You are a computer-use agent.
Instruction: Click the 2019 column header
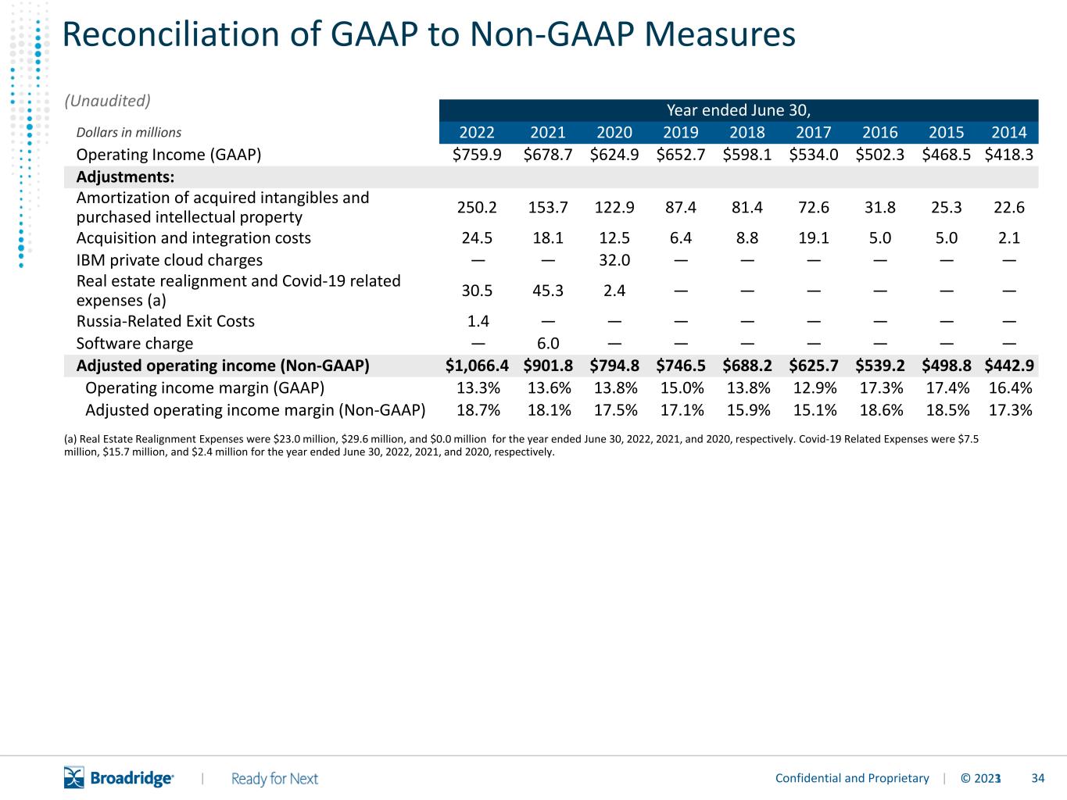click(681, 132)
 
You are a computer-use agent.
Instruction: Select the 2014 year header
click(1008, 132)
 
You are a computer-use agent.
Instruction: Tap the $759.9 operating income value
click(477, 155)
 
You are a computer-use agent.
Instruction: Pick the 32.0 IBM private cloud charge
click(614, 260)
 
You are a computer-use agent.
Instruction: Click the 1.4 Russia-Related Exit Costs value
click(478, 321)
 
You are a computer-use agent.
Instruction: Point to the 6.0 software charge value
click(548, 344)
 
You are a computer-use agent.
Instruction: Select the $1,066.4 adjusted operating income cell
click(477, 366)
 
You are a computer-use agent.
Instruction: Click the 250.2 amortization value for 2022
click(477, 207)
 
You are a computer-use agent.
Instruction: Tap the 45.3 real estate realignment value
click(548, 291)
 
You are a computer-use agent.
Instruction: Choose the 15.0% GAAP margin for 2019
click(682, 388)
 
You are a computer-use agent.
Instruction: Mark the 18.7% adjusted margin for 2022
click(478, 410)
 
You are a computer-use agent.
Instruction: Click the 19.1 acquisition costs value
click(814, 238)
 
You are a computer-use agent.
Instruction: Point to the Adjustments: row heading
click(125, 177)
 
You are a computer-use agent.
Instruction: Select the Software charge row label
click(134, 344)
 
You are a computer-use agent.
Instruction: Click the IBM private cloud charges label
click(169, 260)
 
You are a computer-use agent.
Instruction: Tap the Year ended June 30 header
click(739, 110)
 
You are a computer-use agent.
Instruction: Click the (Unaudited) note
click(107, 101)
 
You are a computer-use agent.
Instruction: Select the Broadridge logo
click(119, 777)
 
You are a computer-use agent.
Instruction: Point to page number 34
click(1038, 778)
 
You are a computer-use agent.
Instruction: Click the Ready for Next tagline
click(274, 779)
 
